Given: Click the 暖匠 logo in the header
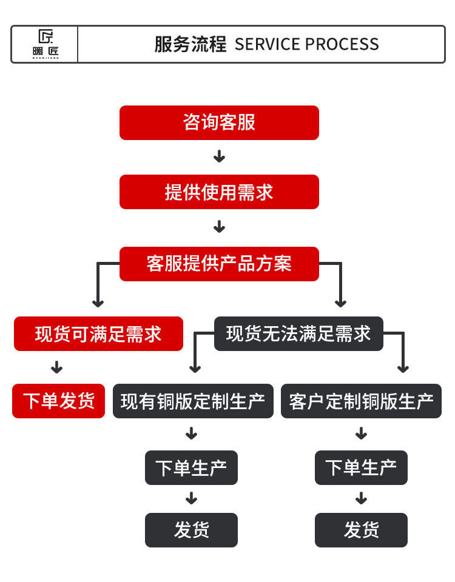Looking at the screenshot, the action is click(45, 44).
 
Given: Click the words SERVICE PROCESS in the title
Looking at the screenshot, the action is click(307, 44).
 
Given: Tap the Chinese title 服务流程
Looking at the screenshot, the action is click(190, 44).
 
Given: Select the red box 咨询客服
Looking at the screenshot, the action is click(219, 122).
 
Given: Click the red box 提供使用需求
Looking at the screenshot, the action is click(219, 192).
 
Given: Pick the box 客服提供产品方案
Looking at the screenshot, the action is click(219, 264).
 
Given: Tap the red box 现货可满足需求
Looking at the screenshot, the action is click(98, 333).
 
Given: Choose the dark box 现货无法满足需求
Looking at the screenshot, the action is click(298, 333).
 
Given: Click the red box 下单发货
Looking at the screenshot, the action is click(59, 401).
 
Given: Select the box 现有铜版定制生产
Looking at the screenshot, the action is click(193, 401).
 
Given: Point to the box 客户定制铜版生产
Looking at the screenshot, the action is click(361, 401).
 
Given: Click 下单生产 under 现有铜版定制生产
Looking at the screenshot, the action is click(191, 467).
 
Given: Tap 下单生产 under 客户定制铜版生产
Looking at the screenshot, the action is click(361, 467).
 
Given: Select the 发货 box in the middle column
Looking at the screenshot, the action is click(191, 530).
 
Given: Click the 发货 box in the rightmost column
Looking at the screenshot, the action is click(361, 530).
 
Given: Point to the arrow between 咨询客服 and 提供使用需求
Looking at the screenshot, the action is click(219, 156).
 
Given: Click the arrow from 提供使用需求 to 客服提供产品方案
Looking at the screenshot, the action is click(219, 227).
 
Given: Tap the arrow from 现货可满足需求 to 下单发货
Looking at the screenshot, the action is click(57, 367).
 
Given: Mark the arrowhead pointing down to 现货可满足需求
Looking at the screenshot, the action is click(98, 303).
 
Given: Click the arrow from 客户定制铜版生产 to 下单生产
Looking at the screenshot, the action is click(361, 433).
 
